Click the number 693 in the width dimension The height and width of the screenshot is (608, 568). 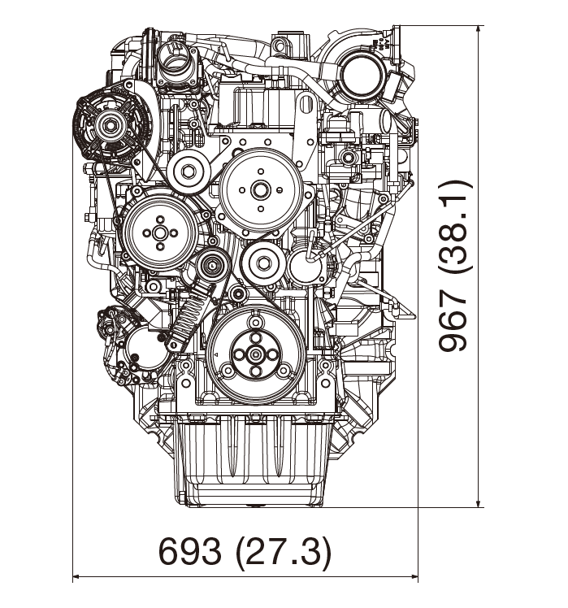point(189,552)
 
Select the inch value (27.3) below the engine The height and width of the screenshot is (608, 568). point(283,552)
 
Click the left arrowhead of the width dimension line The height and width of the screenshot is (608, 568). point(78,578)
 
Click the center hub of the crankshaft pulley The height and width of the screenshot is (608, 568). point(256,354)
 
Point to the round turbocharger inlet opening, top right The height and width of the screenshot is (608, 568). point(360,78)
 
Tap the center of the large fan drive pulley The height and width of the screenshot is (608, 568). point(260,189)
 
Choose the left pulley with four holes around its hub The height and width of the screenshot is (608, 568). point(159,232)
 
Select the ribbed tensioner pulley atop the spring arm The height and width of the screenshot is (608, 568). point(214,264)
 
